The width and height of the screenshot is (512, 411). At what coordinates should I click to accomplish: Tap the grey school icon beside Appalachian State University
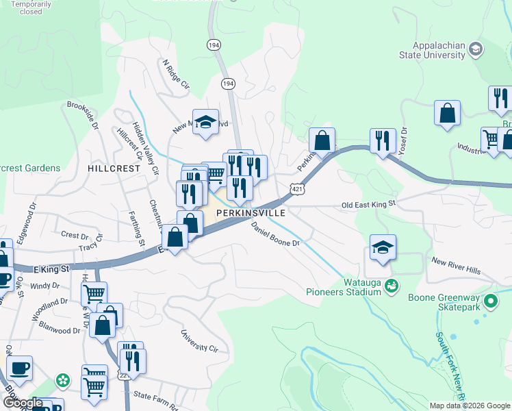click(476, 49)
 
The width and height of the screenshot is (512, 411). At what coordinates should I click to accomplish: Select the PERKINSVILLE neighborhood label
click(251, 214)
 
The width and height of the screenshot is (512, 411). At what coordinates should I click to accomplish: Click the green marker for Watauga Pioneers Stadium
click(392, 285)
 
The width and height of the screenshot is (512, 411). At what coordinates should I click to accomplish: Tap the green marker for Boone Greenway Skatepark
click(490, 301)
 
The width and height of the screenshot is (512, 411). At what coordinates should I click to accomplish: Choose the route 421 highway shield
click(296, 188)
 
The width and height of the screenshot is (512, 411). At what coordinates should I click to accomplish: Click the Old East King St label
click(369, 204)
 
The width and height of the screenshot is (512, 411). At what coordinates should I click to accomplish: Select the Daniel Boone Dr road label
click(275, 234)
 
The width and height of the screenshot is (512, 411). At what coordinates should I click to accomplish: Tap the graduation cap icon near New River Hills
click(383, 247)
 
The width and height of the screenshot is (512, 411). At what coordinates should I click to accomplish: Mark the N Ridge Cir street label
click(175, 74)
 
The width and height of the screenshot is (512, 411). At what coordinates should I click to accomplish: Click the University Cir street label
click(199, 340)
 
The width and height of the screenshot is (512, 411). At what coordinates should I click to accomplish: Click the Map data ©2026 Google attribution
click(470, 406)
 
